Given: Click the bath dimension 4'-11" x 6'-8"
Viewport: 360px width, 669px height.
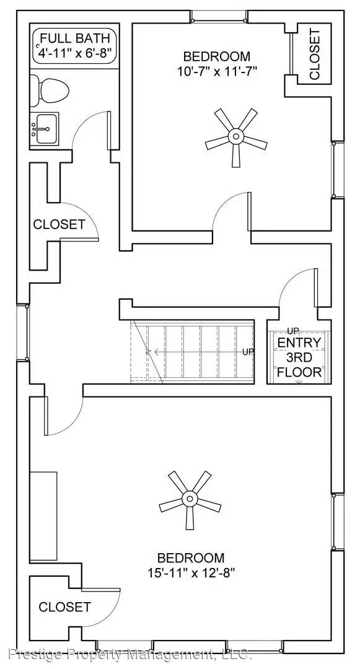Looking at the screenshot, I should [75, 53].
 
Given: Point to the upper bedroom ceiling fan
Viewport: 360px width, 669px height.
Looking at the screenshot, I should [235, 136].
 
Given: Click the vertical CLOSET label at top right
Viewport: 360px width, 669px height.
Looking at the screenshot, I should [315, 55].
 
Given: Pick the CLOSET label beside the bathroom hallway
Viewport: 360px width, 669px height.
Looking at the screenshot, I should [59, 224].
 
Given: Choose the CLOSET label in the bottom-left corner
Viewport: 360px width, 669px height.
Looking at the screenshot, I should [64, 607].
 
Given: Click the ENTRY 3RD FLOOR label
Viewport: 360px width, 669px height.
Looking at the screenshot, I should [299, 357].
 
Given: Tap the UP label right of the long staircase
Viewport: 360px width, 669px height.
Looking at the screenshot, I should [248, 352].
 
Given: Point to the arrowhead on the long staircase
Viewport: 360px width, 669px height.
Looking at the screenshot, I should [149, 352].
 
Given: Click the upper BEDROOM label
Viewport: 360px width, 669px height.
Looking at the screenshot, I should [212, 56].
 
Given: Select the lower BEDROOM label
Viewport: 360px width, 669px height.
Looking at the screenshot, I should [190, 557].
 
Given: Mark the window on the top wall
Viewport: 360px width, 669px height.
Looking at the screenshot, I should [212, 15].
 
